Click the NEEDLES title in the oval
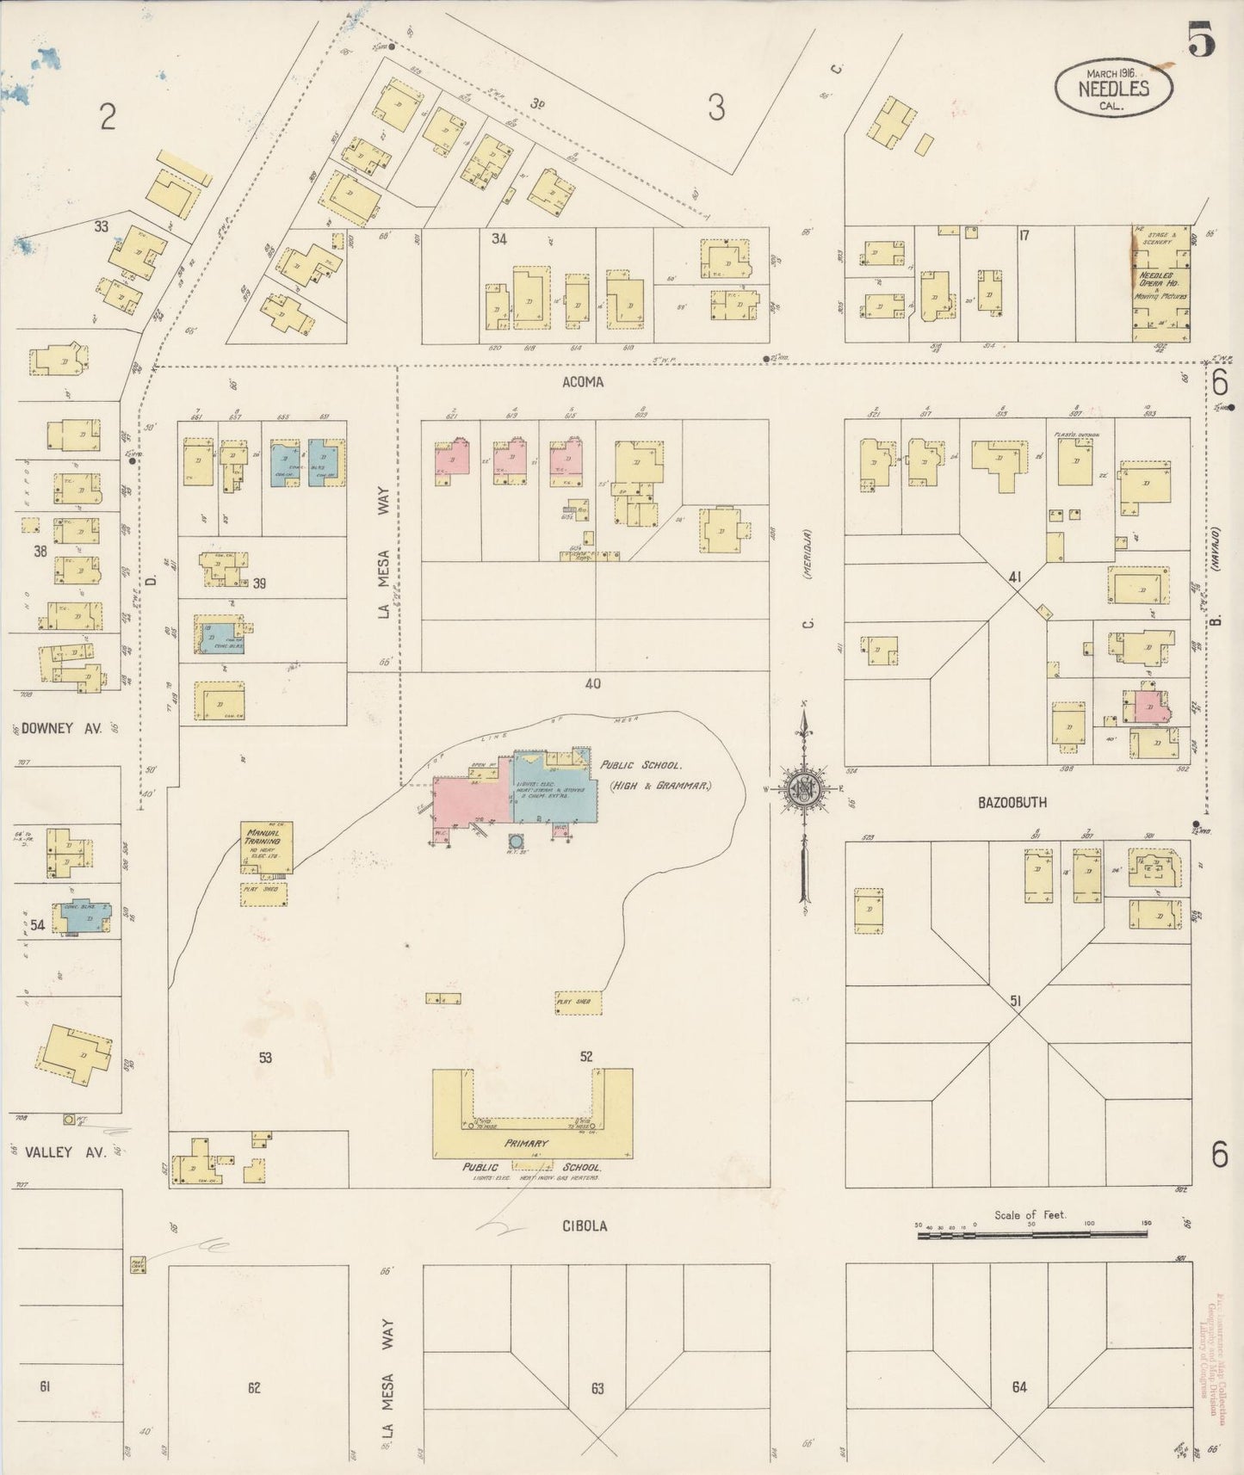(x=1114, y=88)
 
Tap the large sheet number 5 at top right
(x=1203, y=40)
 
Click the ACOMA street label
(x=583, y=382)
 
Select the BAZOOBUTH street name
(x=1012, y=802)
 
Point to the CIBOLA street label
(x=586, y=1225)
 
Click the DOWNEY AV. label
(x=61, y=728)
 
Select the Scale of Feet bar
(x=1031, y=1235)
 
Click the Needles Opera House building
(x=1160, y=284)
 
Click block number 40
(x=592, y=684)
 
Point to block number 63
(x=597, y=1388)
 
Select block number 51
(x=1016, y=1001)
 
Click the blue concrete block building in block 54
(x=82, y=919)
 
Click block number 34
(x=498, y=238)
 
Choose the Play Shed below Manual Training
(x=263, y=893)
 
